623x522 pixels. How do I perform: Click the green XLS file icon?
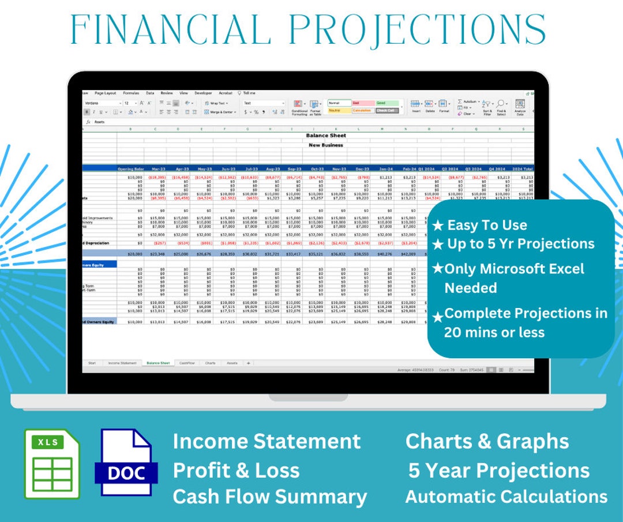coord(51,463)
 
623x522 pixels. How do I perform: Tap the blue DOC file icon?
coord(126,463)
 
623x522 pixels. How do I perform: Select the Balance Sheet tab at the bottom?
coord(158,363)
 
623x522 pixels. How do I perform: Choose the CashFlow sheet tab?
coord(186,363)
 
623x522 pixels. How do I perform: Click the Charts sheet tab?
coord(210,363)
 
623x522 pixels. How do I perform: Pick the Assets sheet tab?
coord(232,363)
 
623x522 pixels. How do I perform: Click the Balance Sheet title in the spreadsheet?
coord(326,136)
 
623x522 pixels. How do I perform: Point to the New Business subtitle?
coord(326,145)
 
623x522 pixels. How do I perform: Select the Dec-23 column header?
coord(362,169)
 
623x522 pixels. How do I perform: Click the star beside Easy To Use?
coord(437,226)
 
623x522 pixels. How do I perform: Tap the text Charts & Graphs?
coord(487,441)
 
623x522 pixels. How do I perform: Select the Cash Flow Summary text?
coord(269,497)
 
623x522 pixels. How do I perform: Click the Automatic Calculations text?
coord(506,497)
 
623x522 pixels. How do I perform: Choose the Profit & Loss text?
coord(236,470)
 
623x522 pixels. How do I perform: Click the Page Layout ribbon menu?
coord(106,93)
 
